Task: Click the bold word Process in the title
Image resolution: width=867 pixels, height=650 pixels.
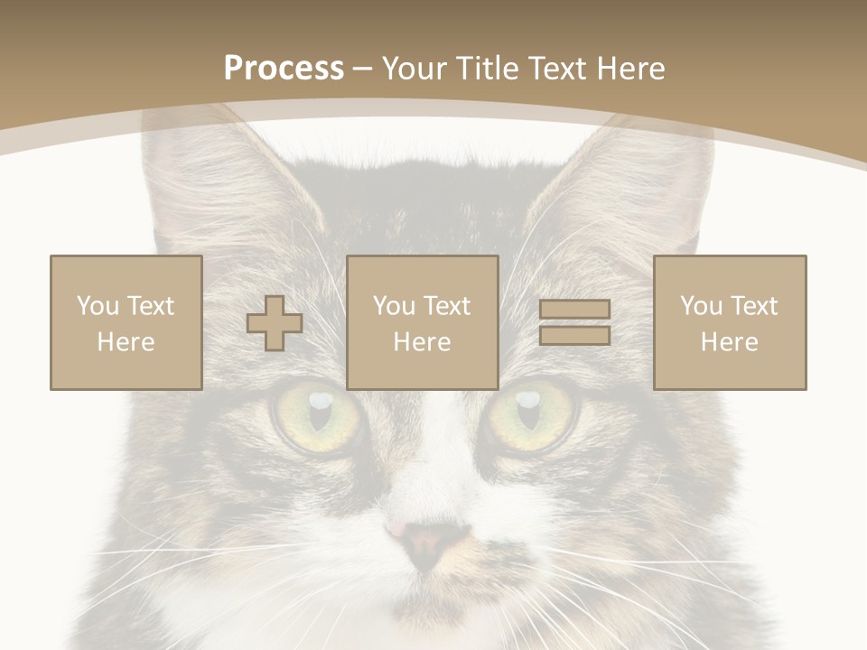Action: click(284, 69)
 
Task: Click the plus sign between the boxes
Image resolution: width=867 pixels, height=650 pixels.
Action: click(275, 323)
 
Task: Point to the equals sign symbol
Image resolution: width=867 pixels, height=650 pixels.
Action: click(574, 322)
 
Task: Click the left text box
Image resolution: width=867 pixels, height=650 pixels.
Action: click(126, 322)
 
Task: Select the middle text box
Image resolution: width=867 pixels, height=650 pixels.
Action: click(423, 322)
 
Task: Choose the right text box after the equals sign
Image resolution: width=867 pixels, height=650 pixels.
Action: click(730, 322)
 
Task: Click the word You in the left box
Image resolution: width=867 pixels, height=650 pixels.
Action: click(97, 306)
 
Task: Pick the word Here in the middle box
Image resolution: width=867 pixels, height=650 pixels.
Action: click(423, 342)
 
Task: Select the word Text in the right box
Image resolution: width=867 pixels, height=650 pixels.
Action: click(755, 306)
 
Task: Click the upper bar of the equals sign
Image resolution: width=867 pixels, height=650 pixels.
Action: click(574, 310)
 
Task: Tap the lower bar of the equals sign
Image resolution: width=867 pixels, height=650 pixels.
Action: click(574, 335)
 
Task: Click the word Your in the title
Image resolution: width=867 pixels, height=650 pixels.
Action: click(415, 69)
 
